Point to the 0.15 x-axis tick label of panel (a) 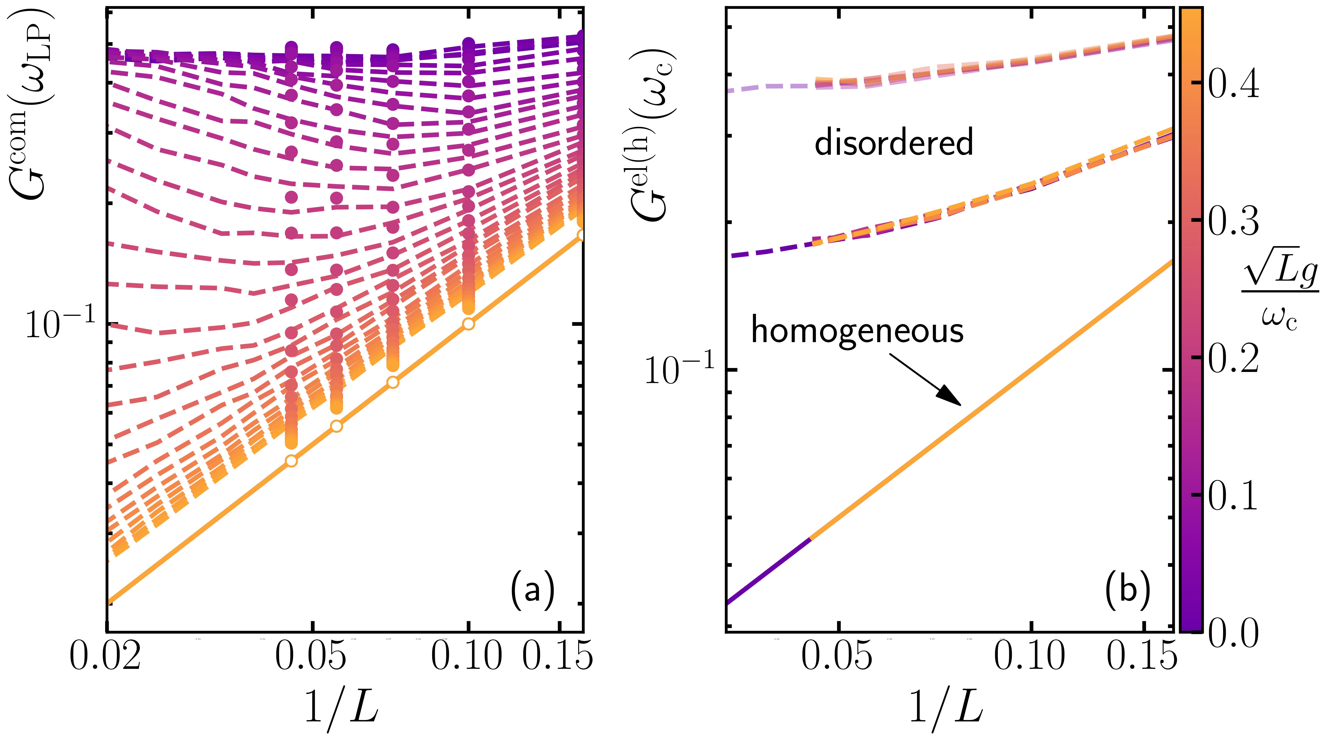558,656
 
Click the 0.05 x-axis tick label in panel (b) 837,656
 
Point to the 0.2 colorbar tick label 1233,358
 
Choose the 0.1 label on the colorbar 1233,495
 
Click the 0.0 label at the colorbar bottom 1233,633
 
